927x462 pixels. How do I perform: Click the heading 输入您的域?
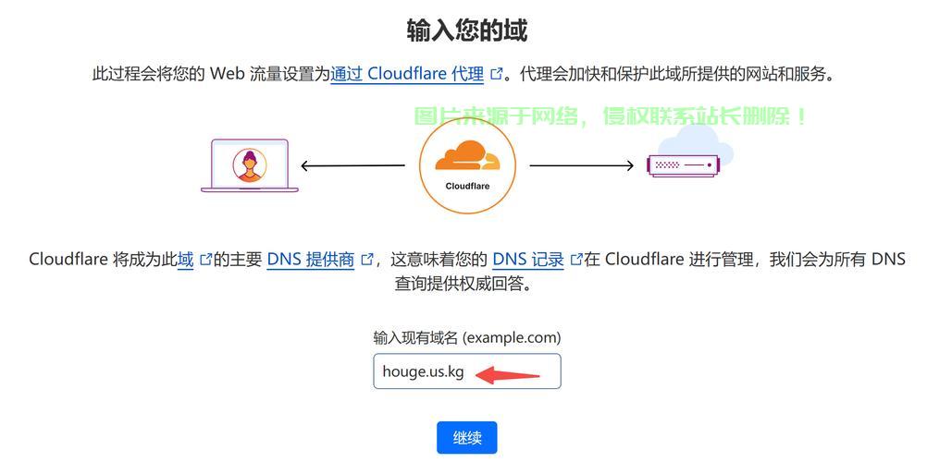467,30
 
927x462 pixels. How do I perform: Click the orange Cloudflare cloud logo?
466,156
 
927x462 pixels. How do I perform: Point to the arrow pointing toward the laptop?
352,166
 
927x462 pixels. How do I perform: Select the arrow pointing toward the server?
582,166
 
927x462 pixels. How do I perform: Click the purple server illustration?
686,165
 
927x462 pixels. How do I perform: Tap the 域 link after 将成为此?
186,260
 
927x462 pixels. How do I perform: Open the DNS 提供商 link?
311,260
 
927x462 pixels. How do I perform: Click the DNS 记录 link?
527,260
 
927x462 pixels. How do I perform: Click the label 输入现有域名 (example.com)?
467,337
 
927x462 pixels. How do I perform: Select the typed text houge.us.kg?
423,371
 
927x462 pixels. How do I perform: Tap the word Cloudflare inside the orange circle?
467,186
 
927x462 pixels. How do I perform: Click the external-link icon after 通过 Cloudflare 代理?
497,74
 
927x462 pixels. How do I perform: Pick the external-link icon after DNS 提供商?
367,260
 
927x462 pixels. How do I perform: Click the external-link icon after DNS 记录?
576,260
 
